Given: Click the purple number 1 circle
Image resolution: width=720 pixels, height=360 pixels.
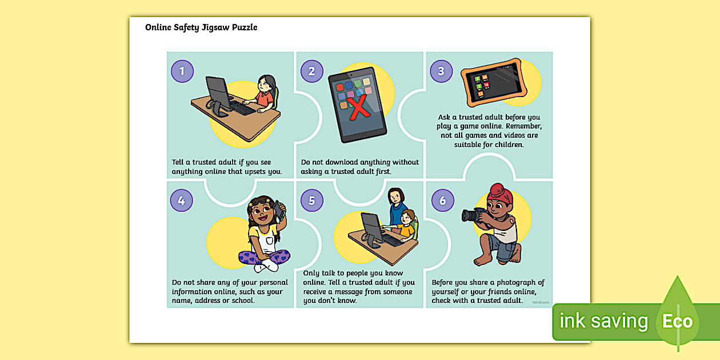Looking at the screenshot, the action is click(x=182, y=71).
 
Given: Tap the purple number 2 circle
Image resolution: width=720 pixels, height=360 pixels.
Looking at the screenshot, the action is click(x=312, y=71).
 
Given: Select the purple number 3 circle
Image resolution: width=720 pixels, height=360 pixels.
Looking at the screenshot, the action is click(x=441, y=71).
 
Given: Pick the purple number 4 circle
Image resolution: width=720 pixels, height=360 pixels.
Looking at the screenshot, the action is click(x=182, y=201).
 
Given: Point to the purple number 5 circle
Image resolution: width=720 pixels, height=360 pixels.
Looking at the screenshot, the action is click(x=312, y=201).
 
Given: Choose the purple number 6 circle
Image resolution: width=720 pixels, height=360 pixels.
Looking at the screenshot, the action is click(x=443, y=201).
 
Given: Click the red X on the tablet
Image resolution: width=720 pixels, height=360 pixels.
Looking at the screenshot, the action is click(x=358, y=107).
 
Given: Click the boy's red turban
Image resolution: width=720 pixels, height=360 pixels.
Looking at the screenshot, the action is click(x=499, y=194).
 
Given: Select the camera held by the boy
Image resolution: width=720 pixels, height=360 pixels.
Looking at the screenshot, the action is click(x=475, y=215).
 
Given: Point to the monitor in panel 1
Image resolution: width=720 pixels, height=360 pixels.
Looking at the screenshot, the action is click(x=218, y=93).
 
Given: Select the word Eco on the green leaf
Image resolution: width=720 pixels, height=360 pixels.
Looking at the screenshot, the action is click(x=677, y=321).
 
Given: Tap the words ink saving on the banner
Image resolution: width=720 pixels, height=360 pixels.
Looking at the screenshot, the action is click(x=603, y=321).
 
